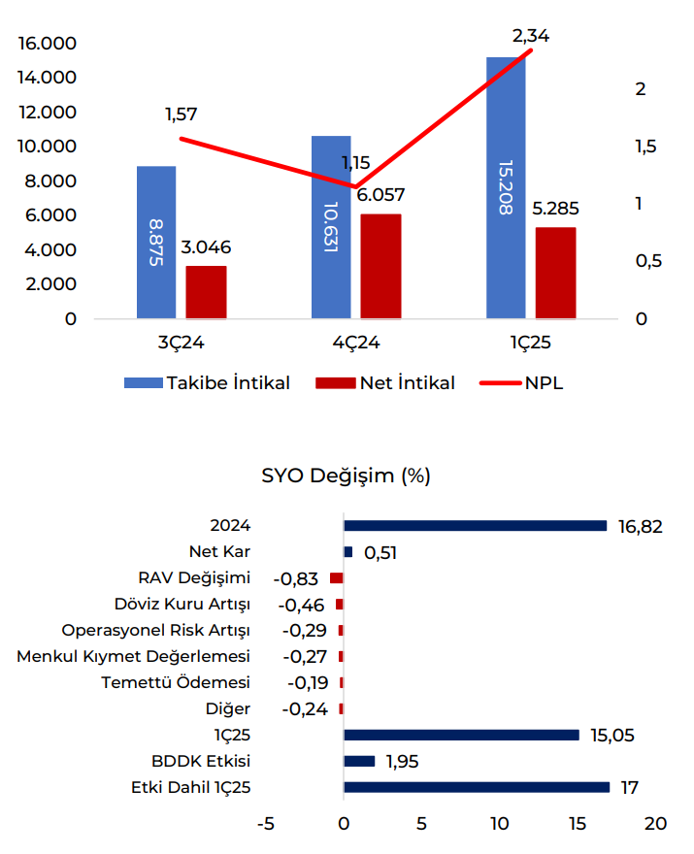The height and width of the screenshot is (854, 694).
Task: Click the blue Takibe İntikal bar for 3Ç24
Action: (156, 242)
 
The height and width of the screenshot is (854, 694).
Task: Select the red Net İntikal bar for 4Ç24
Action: (380, 266)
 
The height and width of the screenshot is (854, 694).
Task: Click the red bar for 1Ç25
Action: (555, 273)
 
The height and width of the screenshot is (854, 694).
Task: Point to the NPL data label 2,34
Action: (530, 36)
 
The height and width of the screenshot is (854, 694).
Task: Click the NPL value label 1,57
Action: (182, 115)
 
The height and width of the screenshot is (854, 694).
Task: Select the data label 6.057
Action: (380, 195)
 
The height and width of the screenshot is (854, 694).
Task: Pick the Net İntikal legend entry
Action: (385, 382)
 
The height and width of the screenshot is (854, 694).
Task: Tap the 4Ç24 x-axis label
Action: (355, 343)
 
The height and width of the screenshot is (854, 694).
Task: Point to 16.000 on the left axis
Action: (47, 44)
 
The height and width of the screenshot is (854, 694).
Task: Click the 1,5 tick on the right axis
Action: (645, 147)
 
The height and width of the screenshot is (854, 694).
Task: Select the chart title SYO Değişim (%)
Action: (346, 476)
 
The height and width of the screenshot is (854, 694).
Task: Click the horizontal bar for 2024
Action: (475, 526)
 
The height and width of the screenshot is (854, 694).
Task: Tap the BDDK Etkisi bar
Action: (359, 761)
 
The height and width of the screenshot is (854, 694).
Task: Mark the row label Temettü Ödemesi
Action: (176, 682)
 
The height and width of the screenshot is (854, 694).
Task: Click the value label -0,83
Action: (296, 578)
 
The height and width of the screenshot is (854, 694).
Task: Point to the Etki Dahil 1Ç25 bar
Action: (477, 787)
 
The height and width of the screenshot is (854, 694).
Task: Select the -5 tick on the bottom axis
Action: (265, 824)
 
